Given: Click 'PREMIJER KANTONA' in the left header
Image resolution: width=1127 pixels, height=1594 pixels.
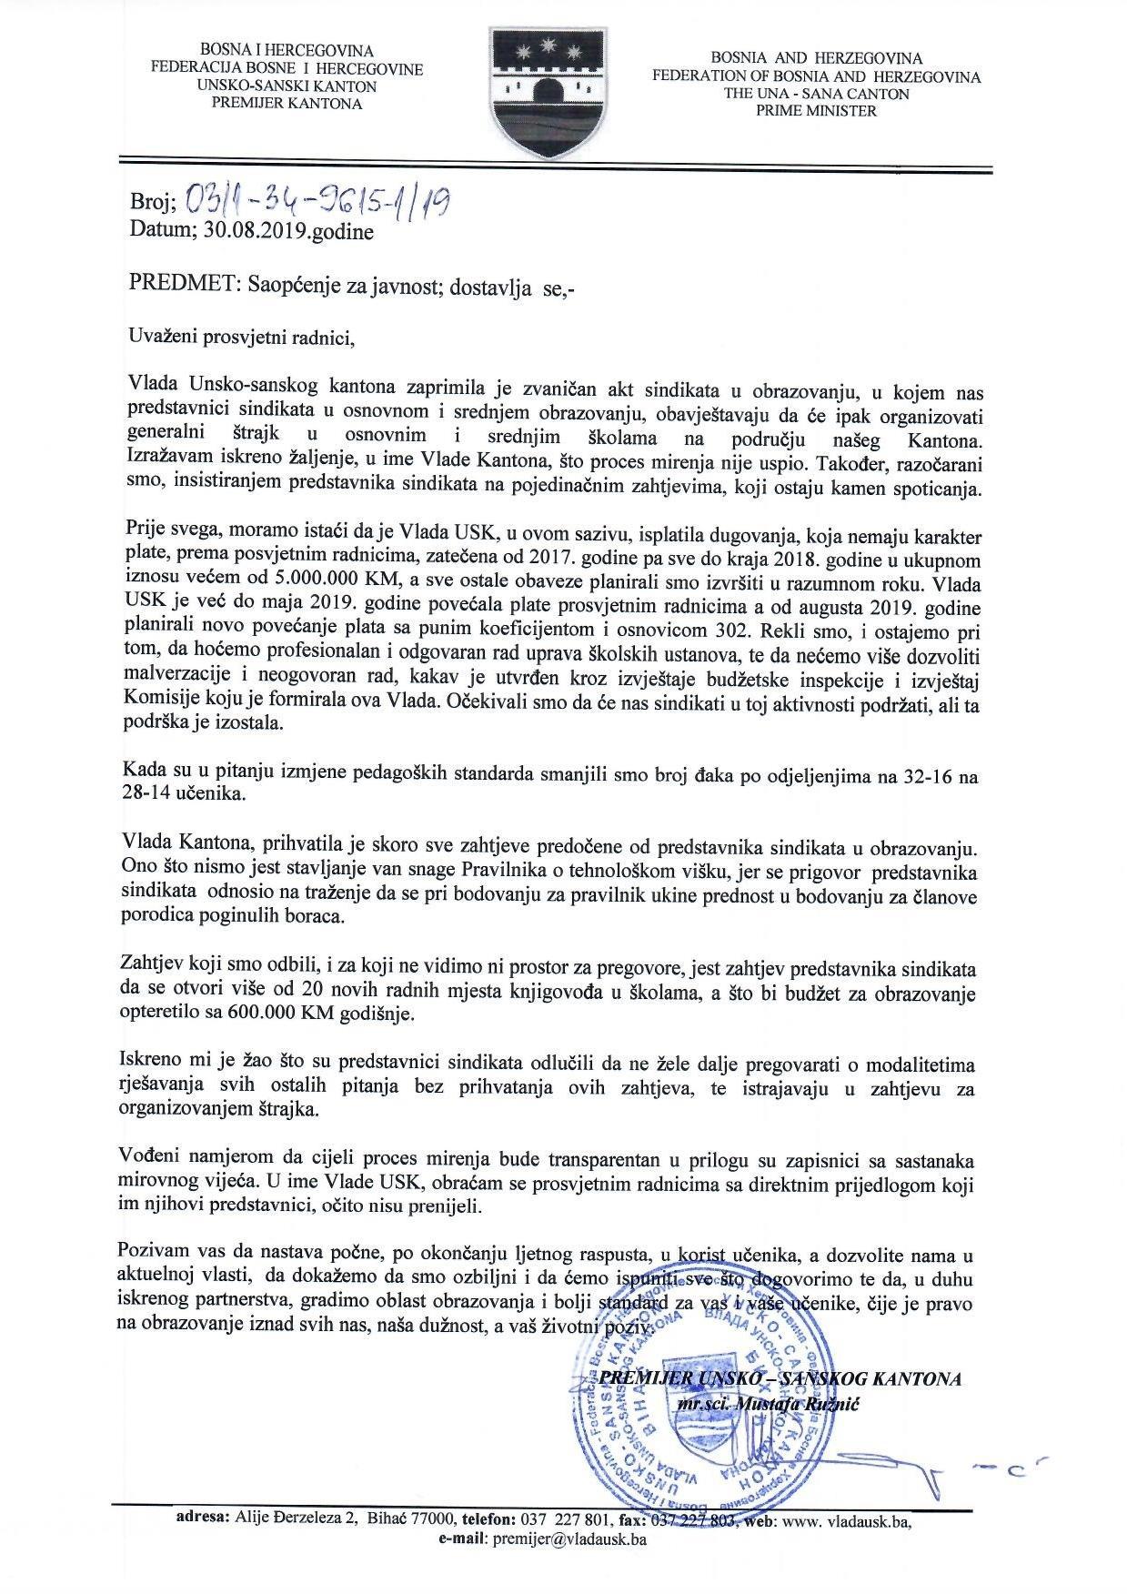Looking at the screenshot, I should click(x=287, y=103).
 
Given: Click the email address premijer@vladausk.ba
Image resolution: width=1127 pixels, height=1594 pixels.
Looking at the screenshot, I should click(x=569, y=1539).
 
